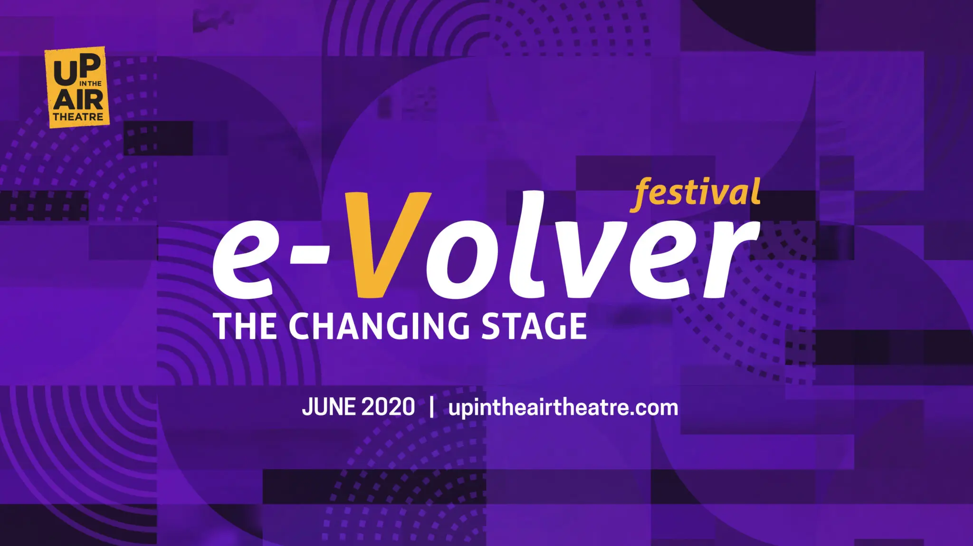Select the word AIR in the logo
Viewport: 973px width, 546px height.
click(x=78, y=100)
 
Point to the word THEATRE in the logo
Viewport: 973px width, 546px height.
click(x=78, y=116)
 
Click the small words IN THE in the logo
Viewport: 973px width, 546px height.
click(x=90, y=84)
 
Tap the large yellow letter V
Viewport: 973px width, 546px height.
click(x=387, y=245)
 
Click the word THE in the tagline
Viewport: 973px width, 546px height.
click(x=245, y=326)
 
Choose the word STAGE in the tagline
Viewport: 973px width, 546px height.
click(x=534, y=326)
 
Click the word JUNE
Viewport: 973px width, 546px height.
click(x=328, y=408)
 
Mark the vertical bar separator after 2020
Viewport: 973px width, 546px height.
click(x=431, y=408)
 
